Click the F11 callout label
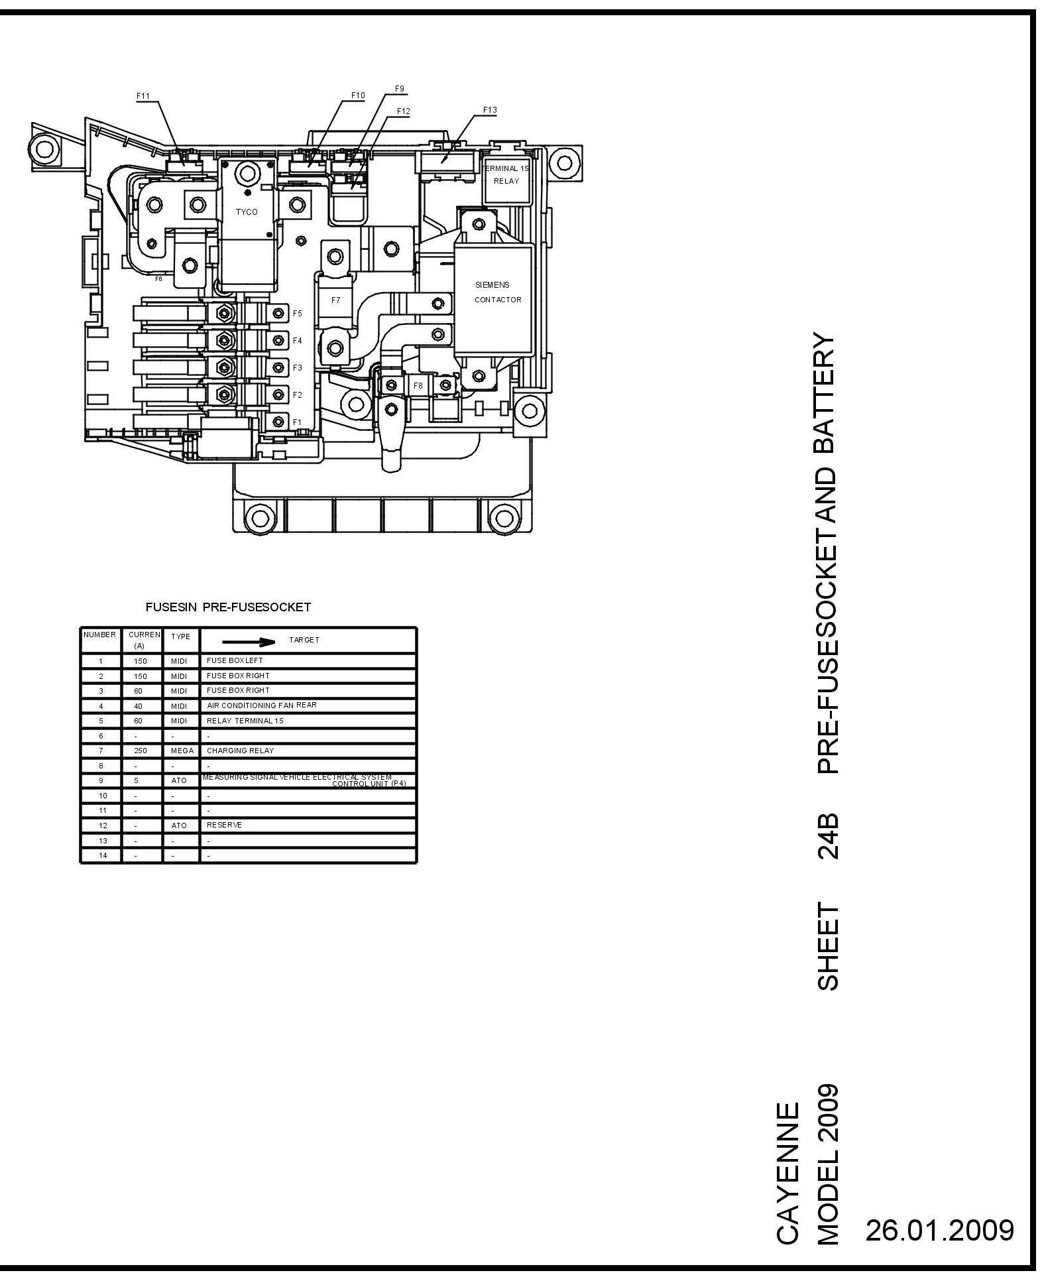(x=143, y=96)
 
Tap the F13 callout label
(x=490, y=110)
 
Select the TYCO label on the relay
(x=247, y=212)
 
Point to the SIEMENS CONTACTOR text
(x=498, y=292)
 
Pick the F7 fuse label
(x=336, y=300)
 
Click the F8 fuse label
(x=418, y=385)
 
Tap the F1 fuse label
(x=298, y=422)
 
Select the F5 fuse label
(x=298, y=314)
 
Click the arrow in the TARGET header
(x=249, y=642)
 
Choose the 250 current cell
(x=139, y=751)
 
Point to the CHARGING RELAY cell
(x=240, y=751)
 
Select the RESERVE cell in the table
(x=224, y=825)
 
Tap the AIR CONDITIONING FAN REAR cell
(x=261, y=705)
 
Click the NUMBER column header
(x=100, y=635)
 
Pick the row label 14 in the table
(x=101, y=856)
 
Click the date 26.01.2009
(x=940, y=1230)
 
